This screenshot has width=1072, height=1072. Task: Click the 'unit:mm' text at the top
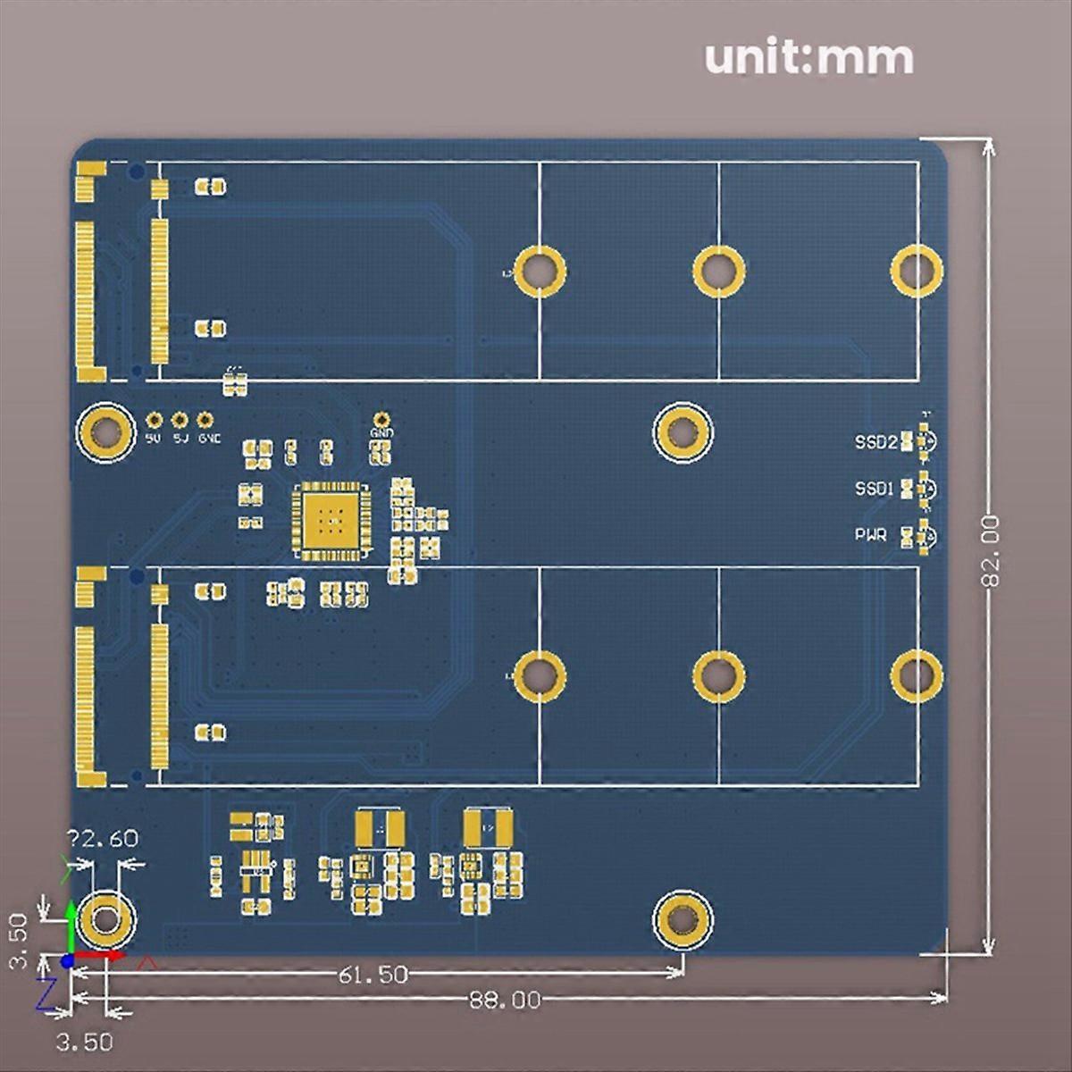coord(808,58)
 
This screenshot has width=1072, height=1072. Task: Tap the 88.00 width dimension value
coord(505,1000)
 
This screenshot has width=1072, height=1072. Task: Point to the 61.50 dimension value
coord(373,974)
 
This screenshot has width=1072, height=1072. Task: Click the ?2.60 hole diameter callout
coord(103,839)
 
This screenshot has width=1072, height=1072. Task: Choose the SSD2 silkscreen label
coord(875,442)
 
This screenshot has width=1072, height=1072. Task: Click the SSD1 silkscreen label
coord(874,490)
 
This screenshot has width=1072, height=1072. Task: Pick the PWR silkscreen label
coord(871,535)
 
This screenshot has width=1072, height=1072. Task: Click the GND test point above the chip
coord(381,420)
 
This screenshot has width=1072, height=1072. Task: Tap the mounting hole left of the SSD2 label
coord(683,432)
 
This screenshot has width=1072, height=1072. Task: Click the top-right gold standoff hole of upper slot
coord(917,269)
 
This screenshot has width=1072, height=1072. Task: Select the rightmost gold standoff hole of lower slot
coord(917,676)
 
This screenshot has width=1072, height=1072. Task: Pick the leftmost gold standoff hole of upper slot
coord(540,269)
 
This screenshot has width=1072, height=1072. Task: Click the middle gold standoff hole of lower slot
coord(719,676)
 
